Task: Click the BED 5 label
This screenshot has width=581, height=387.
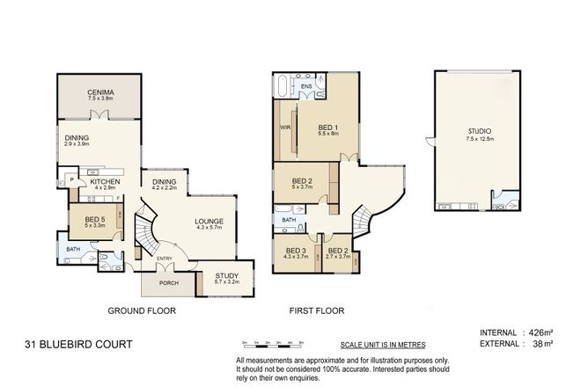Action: tap(94, 220)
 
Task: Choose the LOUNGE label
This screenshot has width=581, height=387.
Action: tap(209, 223)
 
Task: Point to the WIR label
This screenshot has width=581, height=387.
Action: tap(284, 127)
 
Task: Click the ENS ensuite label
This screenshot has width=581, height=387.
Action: tap(305, 86)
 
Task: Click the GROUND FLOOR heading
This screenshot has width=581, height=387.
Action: tap(141, 311)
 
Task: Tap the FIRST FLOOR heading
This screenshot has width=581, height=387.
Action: tap(317, 311)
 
